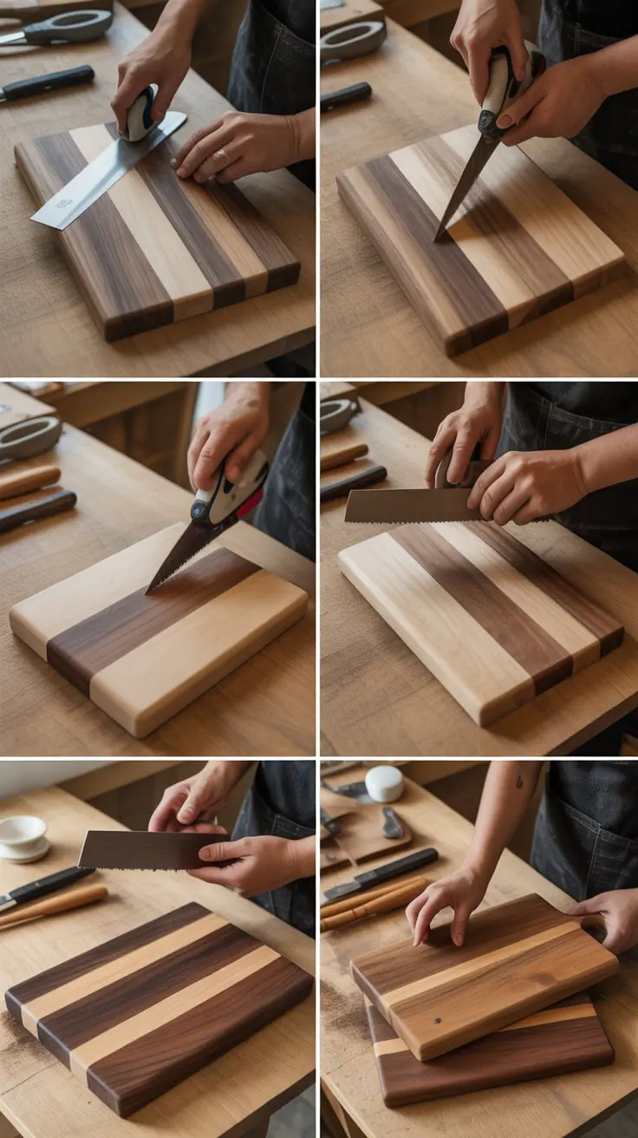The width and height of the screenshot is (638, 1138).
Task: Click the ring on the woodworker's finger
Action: [x=224, y=155]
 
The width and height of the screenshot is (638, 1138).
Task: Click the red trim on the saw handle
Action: [x=250, y=503]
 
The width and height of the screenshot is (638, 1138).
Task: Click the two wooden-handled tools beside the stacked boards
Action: [x=371, y=902]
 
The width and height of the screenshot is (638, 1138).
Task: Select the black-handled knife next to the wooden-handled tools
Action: [x=381, y=873]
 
